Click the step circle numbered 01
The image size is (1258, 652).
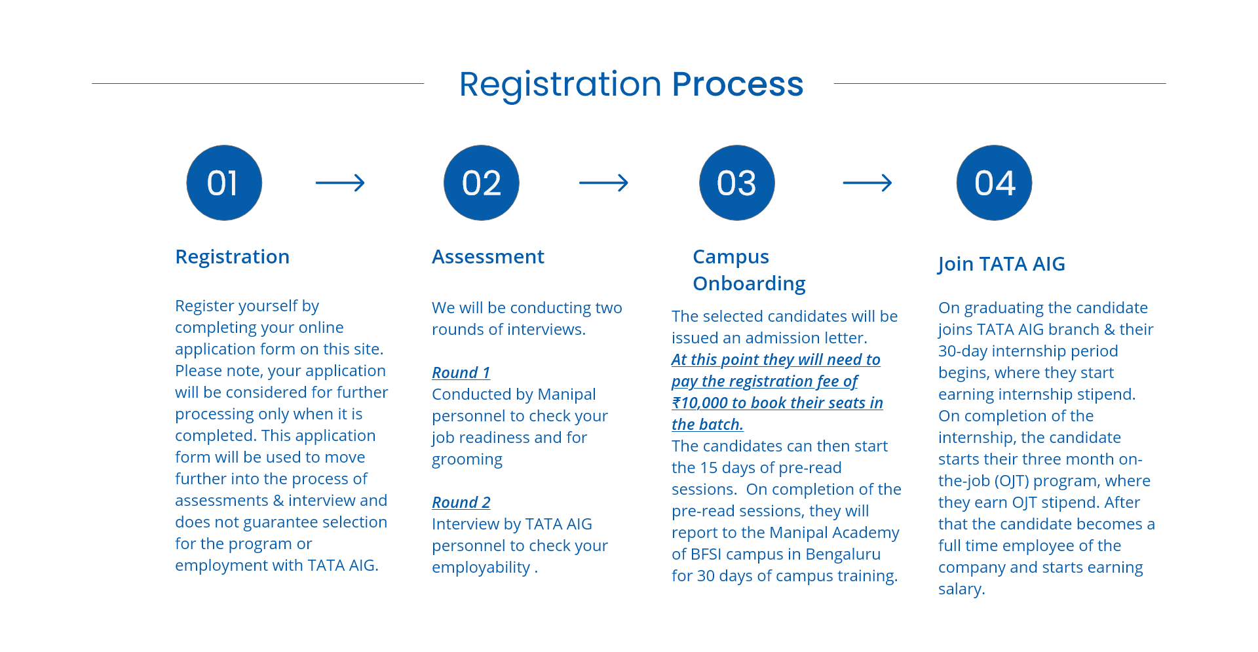coord(224,183)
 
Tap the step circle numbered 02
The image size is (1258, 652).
coord(482,183)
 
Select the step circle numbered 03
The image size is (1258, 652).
coord(737,183)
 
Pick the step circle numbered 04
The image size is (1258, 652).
coord(995,183)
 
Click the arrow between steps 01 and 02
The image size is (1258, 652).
coord(340,183)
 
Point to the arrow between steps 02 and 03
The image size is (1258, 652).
coord(603,183)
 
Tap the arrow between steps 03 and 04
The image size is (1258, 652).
coord(867,183)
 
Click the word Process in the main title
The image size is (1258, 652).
coord(738,84)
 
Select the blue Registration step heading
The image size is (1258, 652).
coord(233,257)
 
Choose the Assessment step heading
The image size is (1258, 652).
coord(488,257)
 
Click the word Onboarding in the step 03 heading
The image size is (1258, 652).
coord(749,284)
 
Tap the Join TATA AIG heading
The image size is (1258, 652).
coord(1002,264)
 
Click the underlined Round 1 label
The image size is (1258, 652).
coord(461,373)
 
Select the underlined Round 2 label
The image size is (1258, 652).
coord(461,503)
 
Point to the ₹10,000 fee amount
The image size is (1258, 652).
coord(700,403)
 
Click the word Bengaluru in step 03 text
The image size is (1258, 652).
coord(843,554)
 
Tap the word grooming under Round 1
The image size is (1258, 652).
coord(467,460)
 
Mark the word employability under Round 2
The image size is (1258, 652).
coord(481,568)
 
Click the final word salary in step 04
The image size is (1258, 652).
coord(960,589)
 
